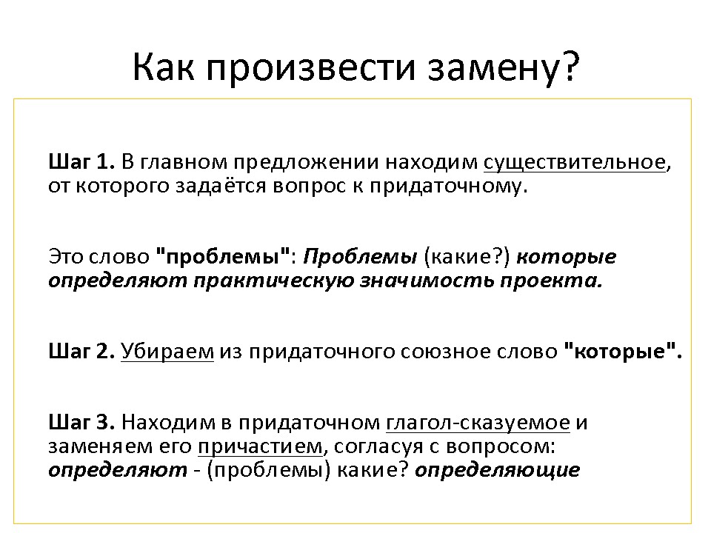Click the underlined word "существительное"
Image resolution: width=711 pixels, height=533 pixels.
click(574, 163)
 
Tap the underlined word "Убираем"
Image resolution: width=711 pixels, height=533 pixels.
click(167, 352)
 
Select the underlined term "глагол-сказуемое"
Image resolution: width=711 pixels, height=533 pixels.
click(478, 423)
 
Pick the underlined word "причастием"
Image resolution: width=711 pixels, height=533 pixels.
click(261, 447)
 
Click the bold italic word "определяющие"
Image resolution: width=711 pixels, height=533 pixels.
click(497, 471)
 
